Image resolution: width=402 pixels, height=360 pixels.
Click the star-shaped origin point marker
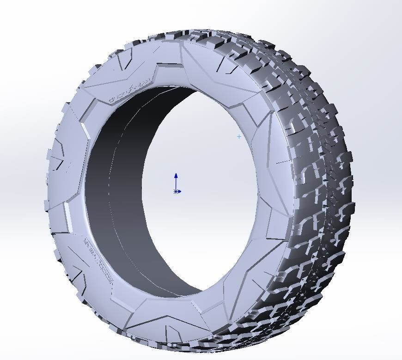point(176,191)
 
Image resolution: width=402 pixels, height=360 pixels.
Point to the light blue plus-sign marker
point(239,136)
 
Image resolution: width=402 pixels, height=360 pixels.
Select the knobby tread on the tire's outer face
point(314,185)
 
